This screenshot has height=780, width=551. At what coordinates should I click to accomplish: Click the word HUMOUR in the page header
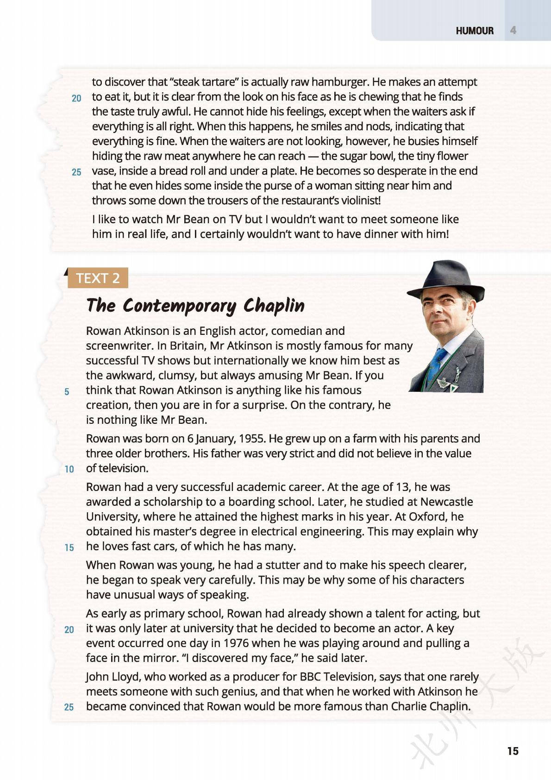click(x=475, y=31)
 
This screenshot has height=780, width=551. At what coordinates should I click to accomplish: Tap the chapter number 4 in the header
click(x=513, y=31)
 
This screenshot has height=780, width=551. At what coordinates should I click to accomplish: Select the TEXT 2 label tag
click(x=98, y=278)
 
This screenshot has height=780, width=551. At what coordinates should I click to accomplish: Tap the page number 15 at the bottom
click(x=513, y=751)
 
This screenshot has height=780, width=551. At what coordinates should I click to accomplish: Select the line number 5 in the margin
click(x=67, y=392)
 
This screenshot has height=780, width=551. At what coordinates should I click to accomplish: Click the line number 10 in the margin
click(x=69, y=469)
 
